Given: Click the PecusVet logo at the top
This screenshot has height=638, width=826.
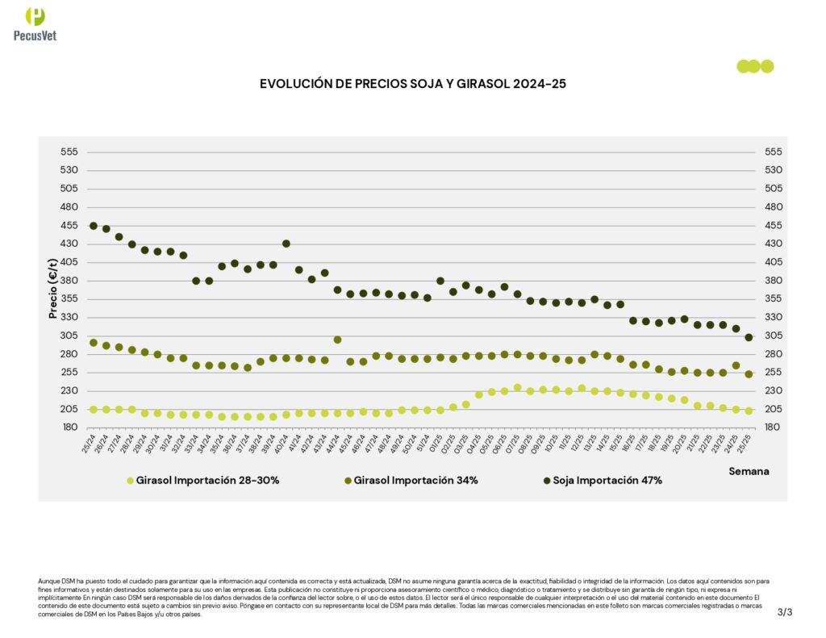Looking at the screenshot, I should tap(35, 23).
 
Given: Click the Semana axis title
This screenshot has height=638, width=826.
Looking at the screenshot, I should tap(749, 471).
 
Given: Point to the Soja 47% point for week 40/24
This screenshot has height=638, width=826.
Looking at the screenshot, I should tap(286, 244).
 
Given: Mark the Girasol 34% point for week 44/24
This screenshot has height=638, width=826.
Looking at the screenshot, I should tap(337, 340).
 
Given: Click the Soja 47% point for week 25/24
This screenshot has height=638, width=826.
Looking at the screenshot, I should tap(94, 226).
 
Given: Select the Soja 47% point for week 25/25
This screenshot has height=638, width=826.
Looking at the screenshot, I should tap(749, 337).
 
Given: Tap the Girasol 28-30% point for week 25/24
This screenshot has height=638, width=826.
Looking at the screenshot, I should tap(94, 410).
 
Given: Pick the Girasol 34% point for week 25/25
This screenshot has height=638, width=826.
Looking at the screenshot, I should tap(749, 374).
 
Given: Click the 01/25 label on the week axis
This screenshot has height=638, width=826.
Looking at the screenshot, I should tap(436, 444).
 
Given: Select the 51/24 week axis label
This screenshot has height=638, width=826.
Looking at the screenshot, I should tap(423, 444).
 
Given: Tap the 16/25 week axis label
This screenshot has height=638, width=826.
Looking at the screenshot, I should tap(629, 444).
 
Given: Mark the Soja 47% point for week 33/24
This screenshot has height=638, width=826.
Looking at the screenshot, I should tap(196, 281).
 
